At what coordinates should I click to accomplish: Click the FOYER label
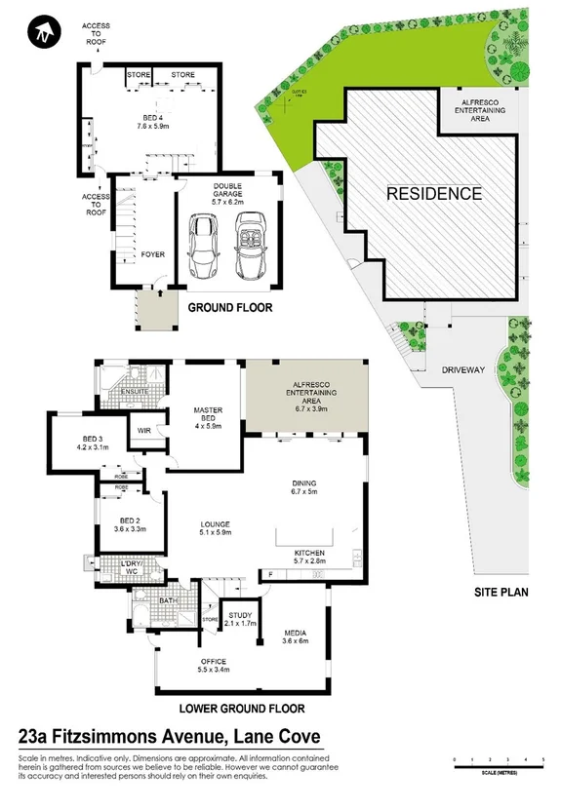[x=152, y=254]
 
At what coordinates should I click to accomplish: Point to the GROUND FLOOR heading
[x=229, y=308]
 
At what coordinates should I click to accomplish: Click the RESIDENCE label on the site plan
[x=434, y=193]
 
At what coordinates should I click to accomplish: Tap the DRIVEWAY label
[x=464, y=371]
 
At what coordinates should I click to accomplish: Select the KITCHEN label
[x=309, y=554]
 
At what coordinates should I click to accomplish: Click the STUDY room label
[x=241, y=616]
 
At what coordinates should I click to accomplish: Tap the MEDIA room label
[x=294, y=635]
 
